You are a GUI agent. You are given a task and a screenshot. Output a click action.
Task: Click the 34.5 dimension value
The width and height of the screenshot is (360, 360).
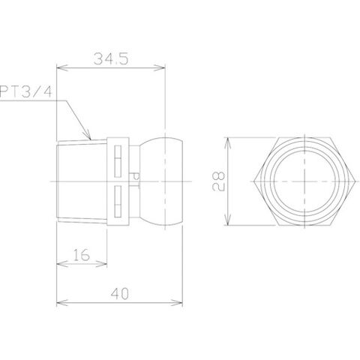tap(111, 59)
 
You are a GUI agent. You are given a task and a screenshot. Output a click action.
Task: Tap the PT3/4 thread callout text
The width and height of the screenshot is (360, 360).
tap(25, 91)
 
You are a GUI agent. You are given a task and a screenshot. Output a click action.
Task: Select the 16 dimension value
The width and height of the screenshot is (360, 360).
tap(82, 254)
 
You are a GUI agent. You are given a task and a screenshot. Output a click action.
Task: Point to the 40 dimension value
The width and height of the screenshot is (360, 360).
tap(120, 294)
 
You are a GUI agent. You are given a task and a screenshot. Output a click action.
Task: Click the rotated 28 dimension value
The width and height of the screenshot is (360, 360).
tap(218, 181)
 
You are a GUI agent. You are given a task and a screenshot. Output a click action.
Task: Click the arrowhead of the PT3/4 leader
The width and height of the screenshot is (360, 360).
tap(87, 134)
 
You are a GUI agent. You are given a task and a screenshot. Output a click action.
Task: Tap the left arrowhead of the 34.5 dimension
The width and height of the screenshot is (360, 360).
tap(62, 67)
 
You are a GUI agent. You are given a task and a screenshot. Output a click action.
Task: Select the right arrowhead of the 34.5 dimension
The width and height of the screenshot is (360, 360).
tap(159, 67)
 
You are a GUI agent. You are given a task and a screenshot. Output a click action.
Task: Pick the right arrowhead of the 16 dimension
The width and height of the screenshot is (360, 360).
tap(101, 264)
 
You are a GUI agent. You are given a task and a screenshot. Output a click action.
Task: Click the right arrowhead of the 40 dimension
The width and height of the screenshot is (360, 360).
tap(177, 303)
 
